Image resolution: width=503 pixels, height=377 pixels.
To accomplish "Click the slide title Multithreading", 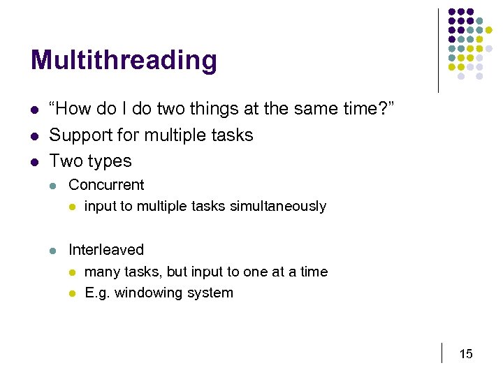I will point(124,61).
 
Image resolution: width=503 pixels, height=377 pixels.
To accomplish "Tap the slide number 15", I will point(465,354).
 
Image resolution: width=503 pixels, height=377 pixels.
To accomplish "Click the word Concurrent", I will point(106,185).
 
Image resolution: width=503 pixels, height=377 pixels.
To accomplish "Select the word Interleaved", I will point(106,250).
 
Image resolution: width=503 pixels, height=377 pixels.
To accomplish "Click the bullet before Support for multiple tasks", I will point(34,135).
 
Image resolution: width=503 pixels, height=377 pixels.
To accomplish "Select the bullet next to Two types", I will point(34,161).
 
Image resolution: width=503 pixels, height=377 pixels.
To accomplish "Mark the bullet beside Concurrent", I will point(54,186).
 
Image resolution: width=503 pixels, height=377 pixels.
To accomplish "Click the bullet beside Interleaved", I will point(54,251).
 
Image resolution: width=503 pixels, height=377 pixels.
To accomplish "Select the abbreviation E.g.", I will point(96,293).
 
